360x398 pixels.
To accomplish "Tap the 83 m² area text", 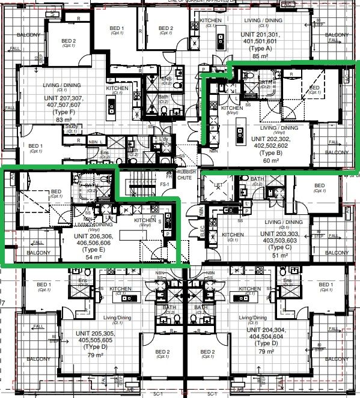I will pyautogui.click(x=64, y=120).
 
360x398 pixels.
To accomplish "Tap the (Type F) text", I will pyautogui.click(x=64, y=112).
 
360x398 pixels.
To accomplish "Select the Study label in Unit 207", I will pyautogui.click(x=71, y=126).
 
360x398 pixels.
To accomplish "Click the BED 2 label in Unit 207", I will pyautogui.click(x=69, y=41).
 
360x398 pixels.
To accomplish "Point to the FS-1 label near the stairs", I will pyautogui.click(x=180, y=185).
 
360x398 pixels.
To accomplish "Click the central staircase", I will pyautogui.click(x=139, y=180).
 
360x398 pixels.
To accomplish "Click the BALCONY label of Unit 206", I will pyautogui.click(x=37, y=253).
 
